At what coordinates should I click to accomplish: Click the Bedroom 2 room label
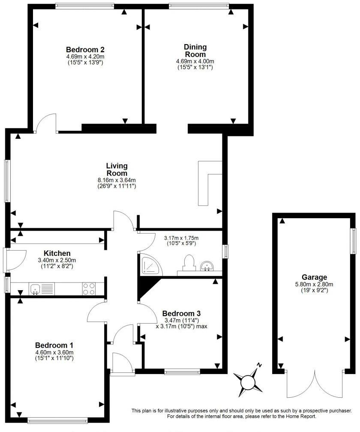85,49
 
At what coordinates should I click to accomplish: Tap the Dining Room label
195,51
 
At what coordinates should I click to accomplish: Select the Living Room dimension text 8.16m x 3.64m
117,180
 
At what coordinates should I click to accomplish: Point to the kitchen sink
35,289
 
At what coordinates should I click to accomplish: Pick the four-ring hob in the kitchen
89,289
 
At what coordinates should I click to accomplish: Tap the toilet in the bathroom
188,262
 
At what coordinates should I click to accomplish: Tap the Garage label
314,277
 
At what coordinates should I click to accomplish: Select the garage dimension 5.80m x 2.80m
314,284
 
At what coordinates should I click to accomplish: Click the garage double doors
315,384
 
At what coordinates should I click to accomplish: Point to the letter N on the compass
259,365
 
